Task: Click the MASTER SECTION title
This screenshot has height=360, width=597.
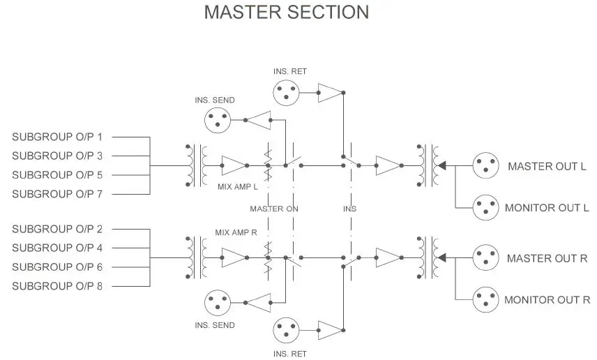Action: point(287,13)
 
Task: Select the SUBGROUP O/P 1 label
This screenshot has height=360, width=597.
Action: point(57,137)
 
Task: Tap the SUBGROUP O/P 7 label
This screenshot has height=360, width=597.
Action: point(57,194)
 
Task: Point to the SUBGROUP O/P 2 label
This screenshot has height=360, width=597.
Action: point(57,229)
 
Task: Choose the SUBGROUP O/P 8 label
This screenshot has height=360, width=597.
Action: point(57,286)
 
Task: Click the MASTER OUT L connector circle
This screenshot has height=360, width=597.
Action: point(485,165)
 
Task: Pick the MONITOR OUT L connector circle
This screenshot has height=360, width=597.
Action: point(485,207)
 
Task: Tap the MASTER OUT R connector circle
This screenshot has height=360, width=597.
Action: point(485,258)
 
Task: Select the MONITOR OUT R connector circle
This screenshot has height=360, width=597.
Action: point(485,299)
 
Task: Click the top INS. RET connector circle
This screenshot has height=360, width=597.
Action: point(287,92)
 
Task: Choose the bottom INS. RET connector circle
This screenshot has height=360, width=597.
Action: point(287,329)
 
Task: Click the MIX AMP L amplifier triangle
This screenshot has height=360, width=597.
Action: point(234,165)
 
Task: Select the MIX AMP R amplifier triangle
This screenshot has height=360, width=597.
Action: point(234,258)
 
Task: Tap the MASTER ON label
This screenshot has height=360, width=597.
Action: point(274,209)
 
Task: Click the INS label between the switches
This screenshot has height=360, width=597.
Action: point(349,209)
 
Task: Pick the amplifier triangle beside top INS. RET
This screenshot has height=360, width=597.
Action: point(331,92)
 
